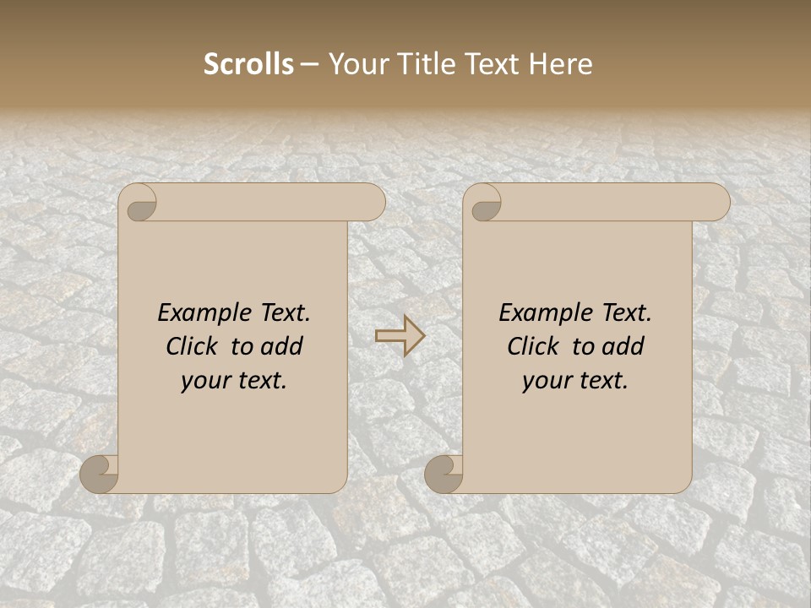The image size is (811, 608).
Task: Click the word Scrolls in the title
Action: tap(249, 64)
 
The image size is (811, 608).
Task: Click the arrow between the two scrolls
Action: tap(400, 336)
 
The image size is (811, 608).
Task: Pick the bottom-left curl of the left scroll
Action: tap(98, 474)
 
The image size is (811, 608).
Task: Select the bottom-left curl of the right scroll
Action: tap(443, 474)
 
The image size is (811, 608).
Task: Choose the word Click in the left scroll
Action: tap(192, 347)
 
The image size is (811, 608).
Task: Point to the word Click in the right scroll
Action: tap(533, 347)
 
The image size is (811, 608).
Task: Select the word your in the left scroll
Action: tap(205, 382)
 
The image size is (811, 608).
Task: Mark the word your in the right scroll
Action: tap(547, 382)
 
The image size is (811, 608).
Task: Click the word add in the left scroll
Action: tap(281, 347)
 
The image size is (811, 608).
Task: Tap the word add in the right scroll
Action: tap(623, 347)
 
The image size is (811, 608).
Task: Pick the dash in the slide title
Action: tap(310, 65)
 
